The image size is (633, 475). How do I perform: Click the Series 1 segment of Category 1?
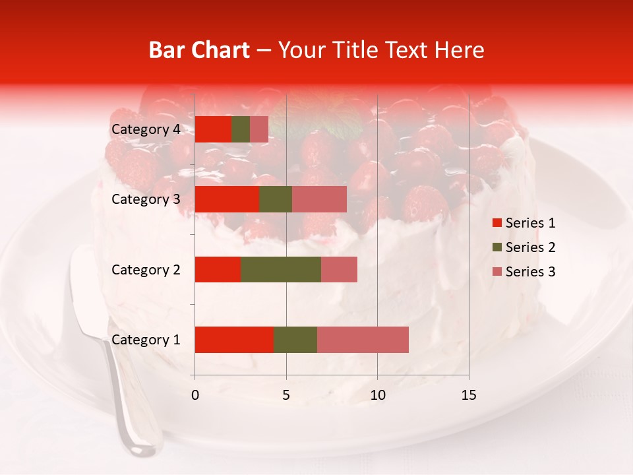[234, 340]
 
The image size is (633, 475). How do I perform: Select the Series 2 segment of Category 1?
[295, 340]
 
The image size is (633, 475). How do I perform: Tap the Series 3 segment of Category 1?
[363, 340]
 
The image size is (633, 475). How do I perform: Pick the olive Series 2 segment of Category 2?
[281, 269]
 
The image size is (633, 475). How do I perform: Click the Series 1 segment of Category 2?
[218, 269]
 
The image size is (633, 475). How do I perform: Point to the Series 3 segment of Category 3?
[319, 199]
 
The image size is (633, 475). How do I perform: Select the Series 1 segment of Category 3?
[227, 199]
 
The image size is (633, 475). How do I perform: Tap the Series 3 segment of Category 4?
[259, 129]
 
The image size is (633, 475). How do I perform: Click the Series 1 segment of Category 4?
[213, 129]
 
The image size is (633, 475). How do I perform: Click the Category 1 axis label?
[146, 340]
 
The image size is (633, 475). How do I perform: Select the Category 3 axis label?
[146, 199]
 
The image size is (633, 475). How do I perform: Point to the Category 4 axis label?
[146, 129]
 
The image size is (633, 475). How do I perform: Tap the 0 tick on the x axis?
[195, 395]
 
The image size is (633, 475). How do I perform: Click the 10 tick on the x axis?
[377, 395]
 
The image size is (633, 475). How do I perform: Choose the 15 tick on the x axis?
[468, 395]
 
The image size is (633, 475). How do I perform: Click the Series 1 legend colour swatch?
[497, 223]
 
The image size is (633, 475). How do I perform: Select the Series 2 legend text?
[530, 247]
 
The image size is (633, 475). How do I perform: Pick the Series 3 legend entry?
[524, 272]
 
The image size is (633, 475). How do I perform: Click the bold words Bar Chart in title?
[199, 50]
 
